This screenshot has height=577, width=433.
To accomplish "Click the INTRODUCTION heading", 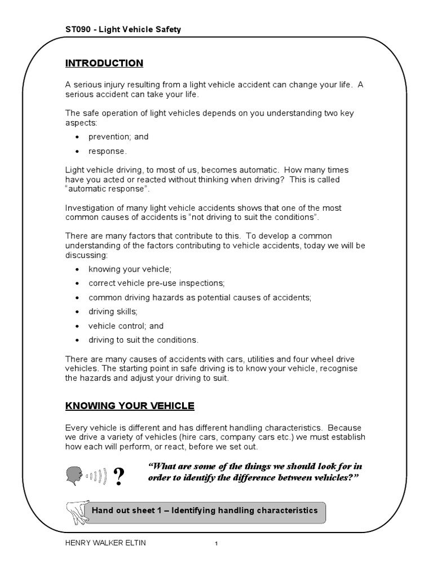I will pos(104,63).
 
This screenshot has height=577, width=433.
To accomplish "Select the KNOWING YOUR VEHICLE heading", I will pos(130,406).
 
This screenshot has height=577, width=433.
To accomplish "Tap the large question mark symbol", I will pos(119,478).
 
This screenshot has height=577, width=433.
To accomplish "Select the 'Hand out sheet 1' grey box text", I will pos(204,511).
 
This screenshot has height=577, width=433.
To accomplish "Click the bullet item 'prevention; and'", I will pos(118,137).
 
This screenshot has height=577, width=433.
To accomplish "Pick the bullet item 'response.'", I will pos(108,151).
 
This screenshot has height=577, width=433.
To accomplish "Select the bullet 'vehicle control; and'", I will pos(126,326).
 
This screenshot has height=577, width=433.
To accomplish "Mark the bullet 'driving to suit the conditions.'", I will pos(144,340).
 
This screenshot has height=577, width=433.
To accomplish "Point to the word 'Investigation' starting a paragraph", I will pos(89,208).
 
